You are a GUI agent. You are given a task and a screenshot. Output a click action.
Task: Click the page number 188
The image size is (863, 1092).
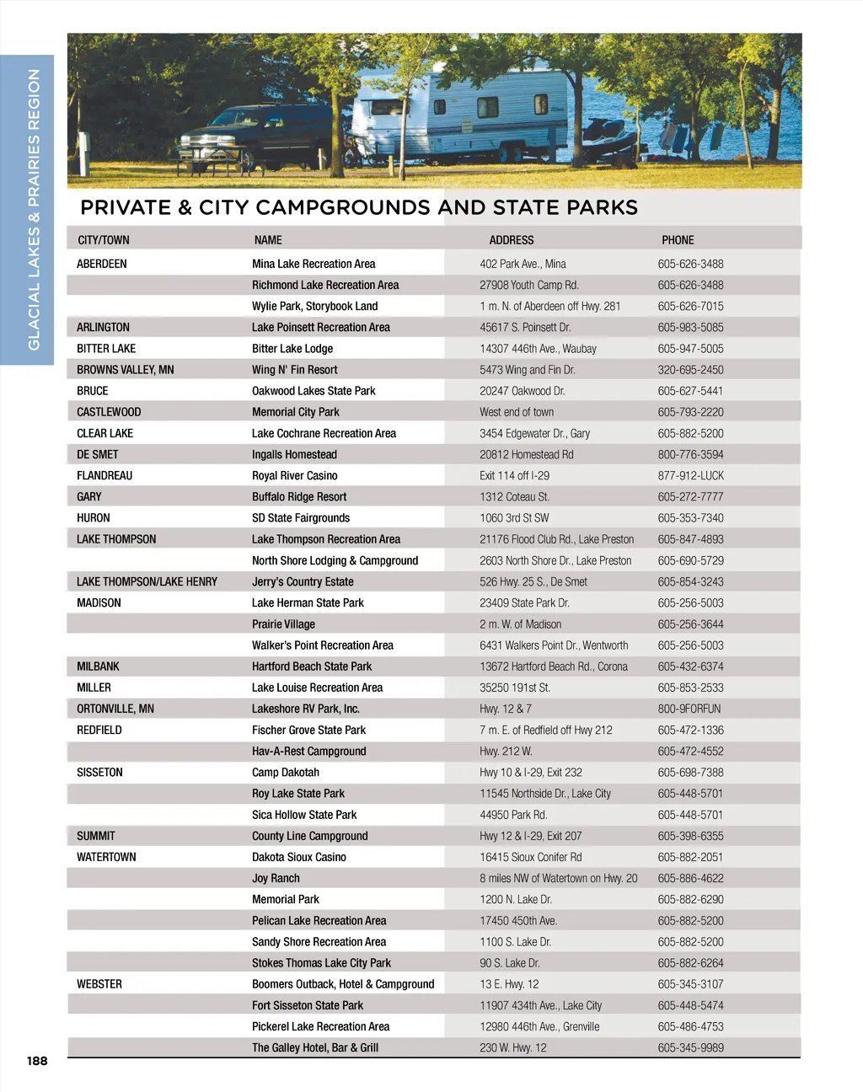[37, 1061]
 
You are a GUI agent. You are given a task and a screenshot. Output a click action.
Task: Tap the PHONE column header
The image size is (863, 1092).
[678, 240]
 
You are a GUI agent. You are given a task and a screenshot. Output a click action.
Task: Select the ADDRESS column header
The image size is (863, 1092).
[512, 240]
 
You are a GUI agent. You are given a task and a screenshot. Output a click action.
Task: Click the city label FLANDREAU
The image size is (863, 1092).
[105, 476]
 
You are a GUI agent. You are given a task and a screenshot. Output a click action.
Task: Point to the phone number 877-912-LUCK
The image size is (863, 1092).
[690, 476]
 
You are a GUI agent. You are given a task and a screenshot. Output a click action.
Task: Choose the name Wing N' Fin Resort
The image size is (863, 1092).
[294, 370]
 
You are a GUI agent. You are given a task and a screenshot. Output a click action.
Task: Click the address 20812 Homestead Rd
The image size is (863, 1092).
[527, 455]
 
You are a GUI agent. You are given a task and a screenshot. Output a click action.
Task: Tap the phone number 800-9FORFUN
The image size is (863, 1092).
[689, 709]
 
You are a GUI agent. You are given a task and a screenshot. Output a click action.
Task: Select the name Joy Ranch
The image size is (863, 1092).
[276, 879]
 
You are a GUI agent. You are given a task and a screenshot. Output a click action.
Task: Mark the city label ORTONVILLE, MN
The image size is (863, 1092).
[115, 709]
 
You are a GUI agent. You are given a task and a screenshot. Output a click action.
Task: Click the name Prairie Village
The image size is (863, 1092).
[283, 624]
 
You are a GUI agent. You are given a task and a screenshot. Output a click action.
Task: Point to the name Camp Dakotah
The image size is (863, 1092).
[286, 773]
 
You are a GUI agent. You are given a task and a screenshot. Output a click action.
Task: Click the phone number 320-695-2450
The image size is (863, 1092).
[690, 370]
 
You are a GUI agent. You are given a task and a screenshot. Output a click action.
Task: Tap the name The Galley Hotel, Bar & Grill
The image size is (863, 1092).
[315, 1048]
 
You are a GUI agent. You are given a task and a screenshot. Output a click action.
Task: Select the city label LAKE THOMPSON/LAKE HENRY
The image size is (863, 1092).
[147, 582]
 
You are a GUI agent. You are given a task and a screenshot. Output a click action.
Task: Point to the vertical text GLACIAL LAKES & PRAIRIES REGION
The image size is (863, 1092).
[34, 209]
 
